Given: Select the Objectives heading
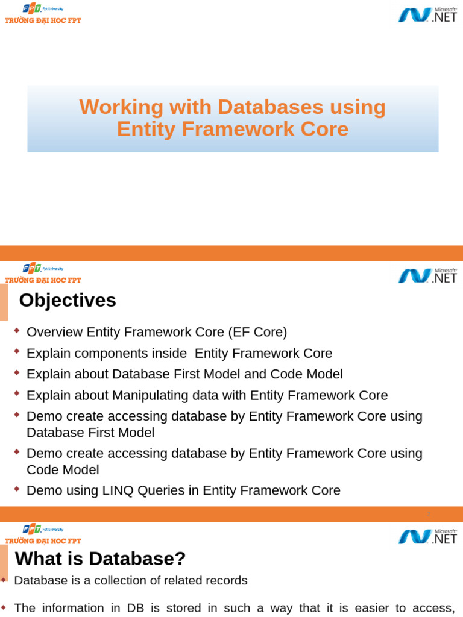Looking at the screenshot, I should click(x=68, y=300).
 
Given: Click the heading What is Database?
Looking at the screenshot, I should click(x=100, y=559).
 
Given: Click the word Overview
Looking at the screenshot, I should click(x=55, y=332).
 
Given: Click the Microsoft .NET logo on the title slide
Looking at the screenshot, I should click(x=427, y=14).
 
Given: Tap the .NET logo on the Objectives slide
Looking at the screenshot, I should click(x=427, y=275).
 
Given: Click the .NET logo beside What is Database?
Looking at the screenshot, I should click(x=427, y=536).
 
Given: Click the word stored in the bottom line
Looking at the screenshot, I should click(x=180, y=607).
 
